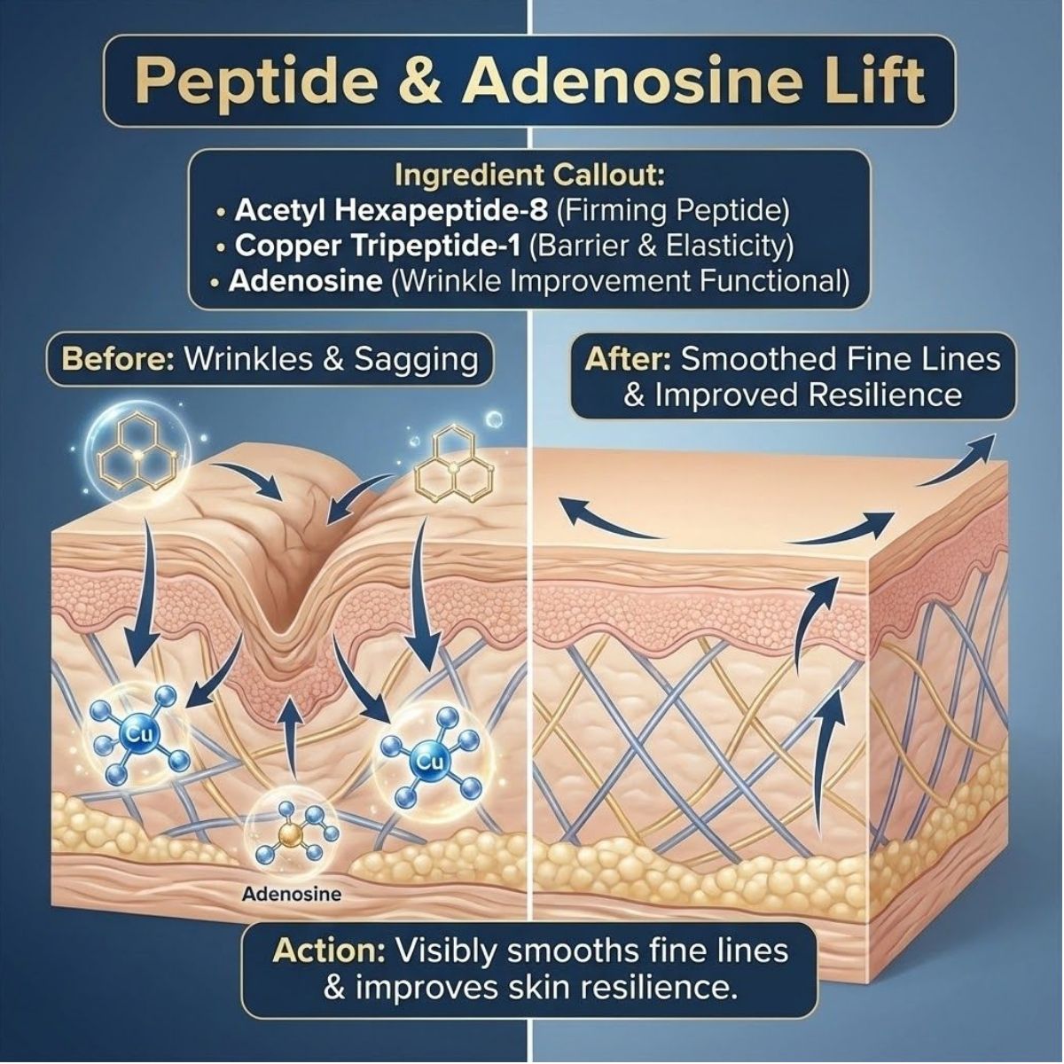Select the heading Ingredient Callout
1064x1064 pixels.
coord(528,175)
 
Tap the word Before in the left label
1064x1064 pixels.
coord(115,360)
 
